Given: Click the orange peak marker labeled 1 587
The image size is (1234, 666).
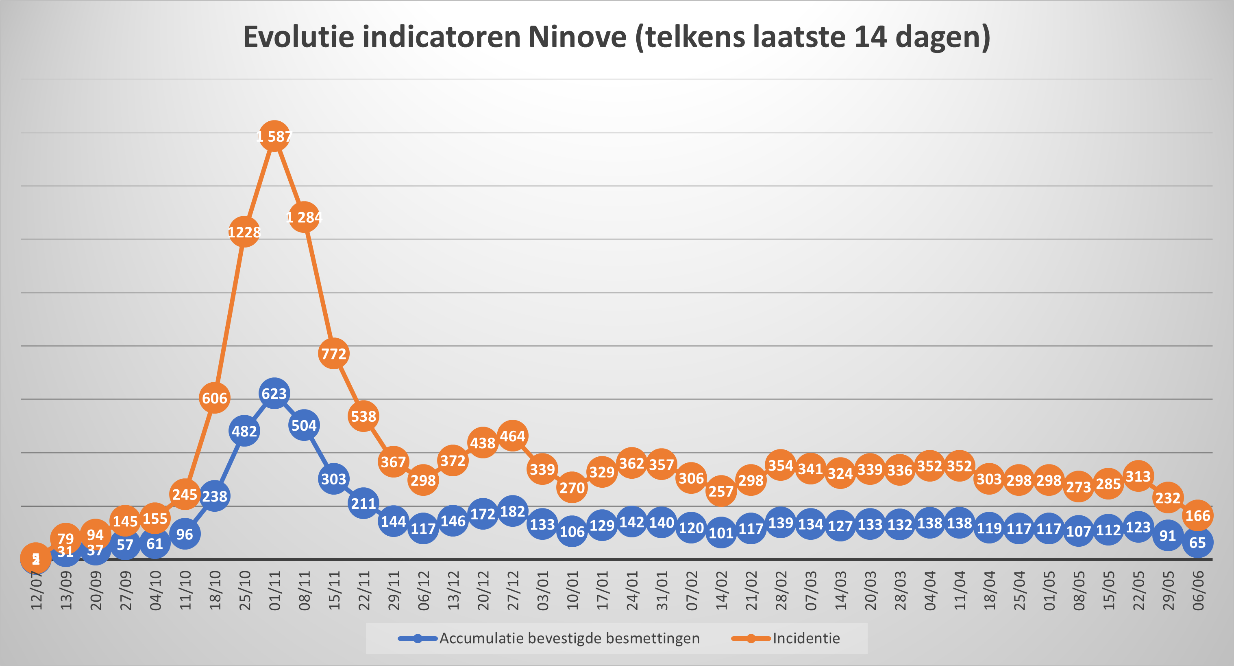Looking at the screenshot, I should pos(274,137).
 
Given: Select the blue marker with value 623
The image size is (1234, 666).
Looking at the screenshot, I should pos(274,394).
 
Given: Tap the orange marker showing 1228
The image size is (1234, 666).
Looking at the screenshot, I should pos(244,232).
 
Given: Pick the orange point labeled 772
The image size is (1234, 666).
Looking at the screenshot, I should pos(333,354).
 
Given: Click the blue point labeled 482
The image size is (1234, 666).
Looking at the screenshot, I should pos(244,431).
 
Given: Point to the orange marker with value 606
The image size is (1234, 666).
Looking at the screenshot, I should pos(214,398).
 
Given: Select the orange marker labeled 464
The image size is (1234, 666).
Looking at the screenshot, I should pos(513,436).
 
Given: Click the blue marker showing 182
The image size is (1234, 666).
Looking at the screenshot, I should pos(513,511).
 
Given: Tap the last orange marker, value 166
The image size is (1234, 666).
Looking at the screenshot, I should pos(1197,515).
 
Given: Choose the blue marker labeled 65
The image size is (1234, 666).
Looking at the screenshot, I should pos(1197,542).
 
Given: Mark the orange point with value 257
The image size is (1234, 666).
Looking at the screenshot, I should pos(721,491).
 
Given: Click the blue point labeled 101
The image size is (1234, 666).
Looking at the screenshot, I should pos(721,532).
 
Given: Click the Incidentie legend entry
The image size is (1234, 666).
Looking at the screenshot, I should pos(806,638).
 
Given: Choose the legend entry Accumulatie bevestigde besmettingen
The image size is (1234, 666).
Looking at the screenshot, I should pos(569,638).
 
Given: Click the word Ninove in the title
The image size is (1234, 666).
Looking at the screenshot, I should pos(577,37).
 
